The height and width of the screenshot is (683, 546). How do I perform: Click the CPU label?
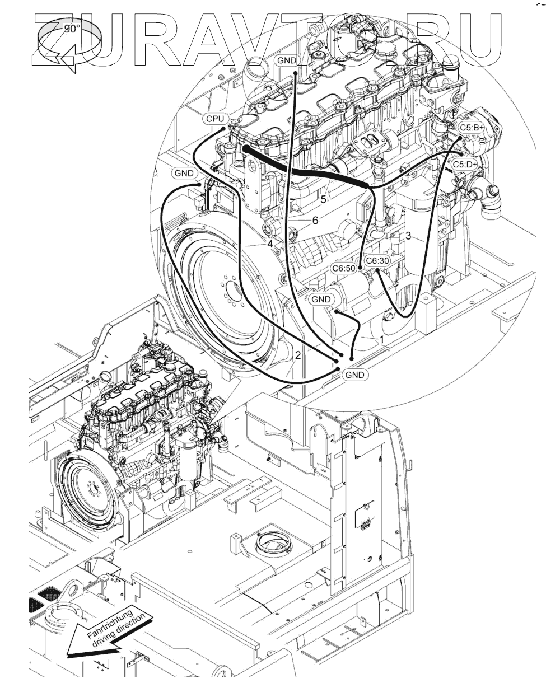click(x=215, y=119)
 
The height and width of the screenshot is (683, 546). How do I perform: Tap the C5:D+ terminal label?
click(x=465, y=164)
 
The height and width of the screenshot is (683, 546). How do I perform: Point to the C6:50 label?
click(x=343, y=269)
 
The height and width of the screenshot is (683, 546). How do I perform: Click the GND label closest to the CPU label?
click(x=184, y=174)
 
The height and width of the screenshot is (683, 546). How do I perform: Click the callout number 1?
click(x=382, y=339)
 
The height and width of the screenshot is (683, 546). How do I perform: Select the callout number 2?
click(x=298, y=354)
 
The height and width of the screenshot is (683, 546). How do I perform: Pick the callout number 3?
click(x=408, y=236)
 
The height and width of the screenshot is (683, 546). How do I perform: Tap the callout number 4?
click(x=270, y=244)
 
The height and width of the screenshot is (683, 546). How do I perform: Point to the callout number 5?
click(x=324, y=199)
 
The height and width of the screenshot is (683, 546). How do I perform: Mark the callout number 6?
click(x=315, y=221)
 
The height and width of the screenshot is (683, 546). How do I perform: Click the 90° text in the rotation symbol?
click(x=72, y=29)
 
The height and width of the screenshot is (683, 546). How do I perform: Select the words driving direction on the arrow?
click(x=122, y=630)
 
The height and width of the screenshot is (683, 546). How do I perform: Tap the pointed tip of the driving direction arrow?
click(x=68, y=655)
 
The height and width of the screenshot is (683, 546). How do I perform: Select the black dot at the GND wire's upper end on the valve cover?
click(x=295, y=73)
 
